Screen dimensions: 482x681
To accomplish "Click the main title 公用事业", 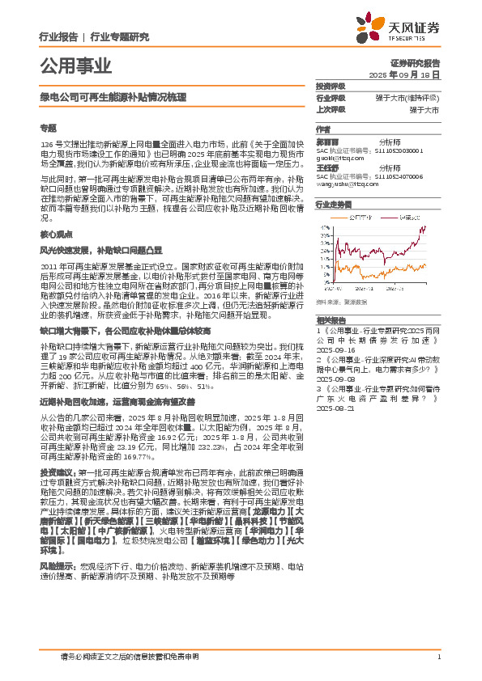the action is [x=75, y=66].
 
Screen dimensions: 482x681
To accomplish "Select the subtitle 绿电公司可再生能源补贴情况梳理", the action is [x=113, y=96].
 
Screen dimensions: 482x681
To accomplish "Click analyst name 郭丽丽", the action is [x=327, y=141].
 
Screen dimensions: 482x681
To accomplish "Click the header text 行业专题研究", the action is [x=121, y=36].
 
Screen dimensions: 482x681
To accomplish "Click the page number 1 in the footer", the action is [x=437, y=657].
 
